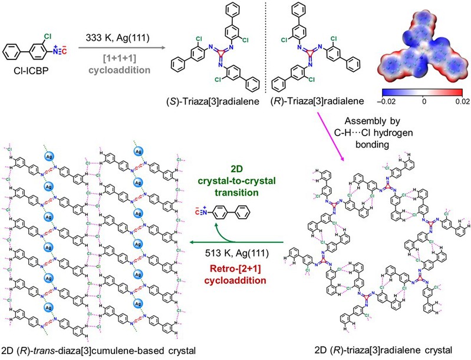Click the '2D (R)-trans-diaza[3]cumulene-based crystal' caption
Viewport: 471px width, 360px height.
pos(97,350)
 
